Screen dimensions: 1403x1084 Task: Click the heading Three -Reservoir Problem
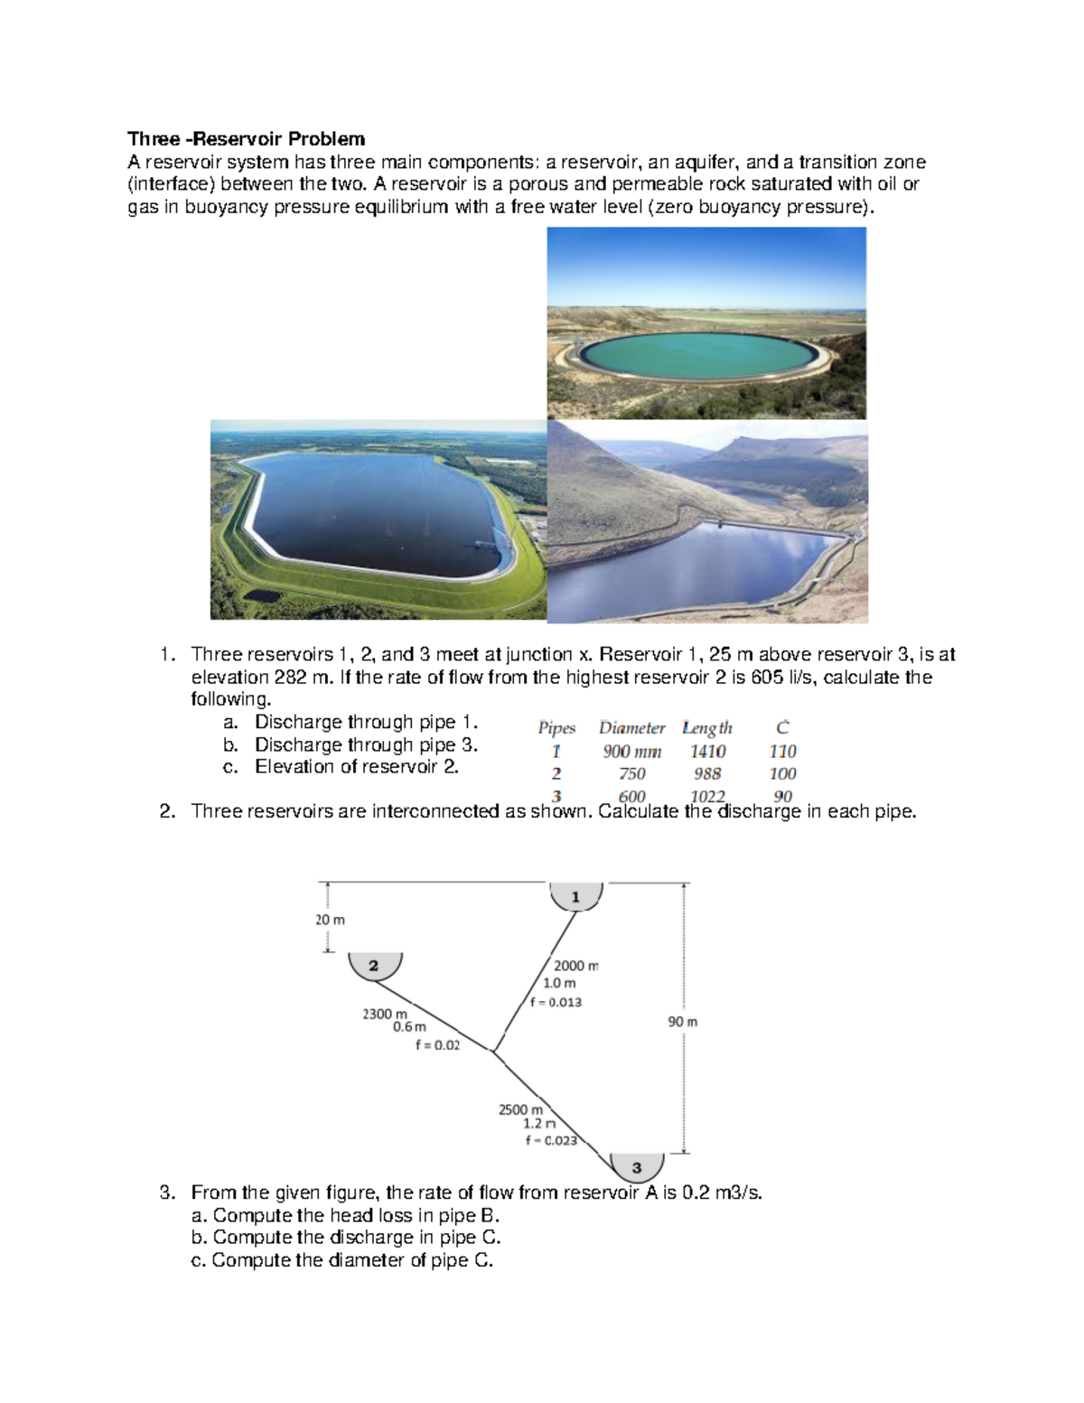[246, 139]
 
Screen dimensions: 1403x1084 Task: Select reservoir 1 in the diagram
[575, 896]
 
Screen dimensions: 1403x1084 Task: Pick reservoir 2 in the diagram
[374, 966]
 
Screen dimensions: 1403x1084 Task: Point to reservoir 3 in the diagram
[637, 1166]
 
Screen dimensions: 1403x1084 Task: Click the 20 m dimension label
[330, 920]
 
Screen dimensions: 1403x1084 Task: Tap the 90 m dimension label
[683, 1022]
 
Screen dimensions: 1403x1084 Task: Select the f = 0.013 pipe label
[556, 1002]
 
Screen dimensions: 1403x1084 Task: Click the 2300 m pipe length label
[385, 1014]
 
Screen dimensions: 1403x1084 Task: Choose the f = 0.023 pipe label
[551, 1140]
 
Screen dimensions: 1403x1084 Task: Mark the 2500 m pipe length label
[520, 1109]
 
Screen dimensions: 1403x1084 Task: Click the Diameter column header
[631, 728]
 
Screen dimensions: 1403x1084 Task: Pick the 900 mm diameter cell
[631, 752]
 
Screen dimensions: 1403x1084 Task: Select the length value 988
[707, 774]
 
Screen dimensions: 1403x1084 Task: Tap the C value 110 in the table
[782, 752]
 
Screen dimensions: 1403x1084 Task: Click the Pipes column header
[556, 728]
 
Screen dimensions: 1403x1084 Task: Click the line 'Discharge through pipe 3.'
[366, 745]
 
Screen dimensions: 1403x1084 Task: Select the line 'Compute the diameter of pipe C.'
[352, 1260]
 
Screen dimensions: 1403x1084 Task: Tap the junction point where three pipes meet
[493, 1051]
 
